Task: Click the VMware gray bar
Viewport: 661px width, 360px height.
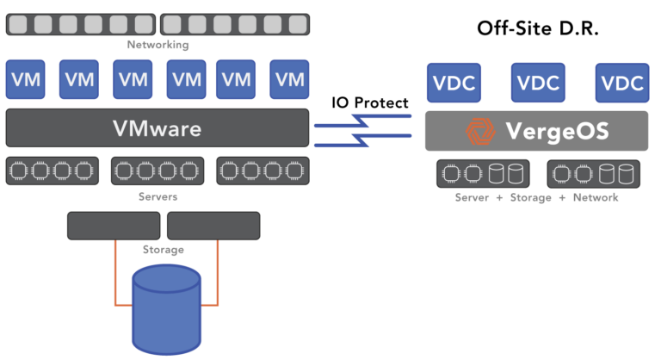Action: coord(157,128)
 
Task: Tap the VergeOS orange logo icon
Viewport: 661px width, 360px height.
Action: coord(477,132)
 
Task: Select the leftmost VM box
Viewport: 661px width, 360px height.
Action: coord(26,80)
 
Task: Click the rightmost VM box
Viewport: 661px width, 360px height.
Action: coord(289,80)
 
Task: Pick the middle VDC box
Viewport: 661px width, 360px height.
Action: coord(538,84)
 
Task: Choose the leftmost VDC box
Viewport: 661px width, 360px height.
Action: coord(454,84)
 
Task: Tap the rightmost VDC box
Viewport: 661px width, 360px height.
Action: coord(622,84)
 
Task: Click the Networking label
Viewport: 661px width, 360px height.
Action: coord(158,45)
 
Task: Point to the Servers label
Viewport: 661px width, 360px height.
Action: coord(158,197)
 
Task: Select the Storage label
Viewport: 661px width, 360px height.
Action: coord(163,250)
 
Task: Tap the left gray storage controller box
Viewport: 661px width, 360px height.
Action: coord(114,226)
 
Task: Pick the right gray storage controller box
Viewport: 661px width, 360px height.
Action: coord(213,226)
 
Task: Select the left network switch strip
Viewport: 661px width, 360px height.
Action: coord(80,24)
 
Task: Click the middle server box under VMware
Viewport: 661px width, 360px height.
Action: coord(158,171)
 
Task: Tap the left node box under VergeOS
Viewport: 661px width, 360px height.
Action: coord(483,174)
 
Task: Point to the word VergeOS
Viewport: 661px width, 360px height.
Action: coord(557,132)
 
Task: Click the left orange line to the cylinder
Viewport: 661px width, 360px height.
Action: coord(115,274)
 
